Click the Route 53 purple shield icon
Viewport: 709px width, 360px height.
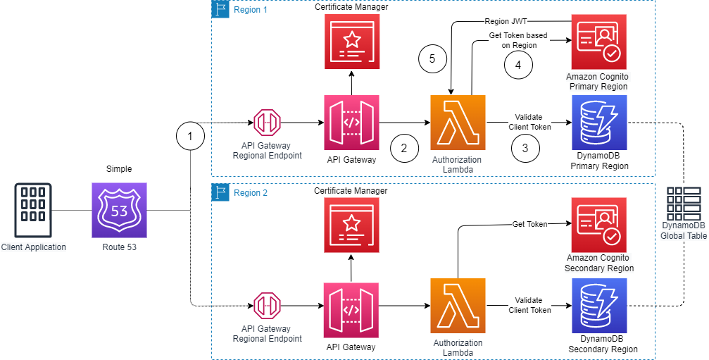pos(119,210)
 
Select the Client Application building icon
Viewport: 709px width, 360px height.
pos(33,210)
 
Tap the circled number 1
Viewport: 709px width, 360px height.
pos(190,137)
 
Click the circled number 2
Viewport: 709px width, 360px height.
pos(403,148)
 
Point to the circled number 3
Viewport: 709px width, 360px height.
pos(525,148)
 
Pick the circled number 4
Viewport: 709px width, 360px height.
pos(519,64)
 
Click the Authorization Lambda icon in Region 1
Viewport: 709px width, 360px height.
pos(458,123)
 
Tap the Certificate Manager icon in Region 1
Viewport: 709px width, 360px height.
pos(351,41)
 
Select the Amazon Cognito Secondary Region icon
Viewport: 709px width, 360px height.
pos(597,224)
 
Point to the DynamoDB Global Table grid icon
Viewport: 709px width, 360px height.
pos(683,204)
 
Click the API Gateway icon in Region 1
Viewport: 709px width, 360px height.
pos(351,123)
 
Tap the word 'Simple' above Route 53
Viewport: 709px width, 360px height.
pos(119,170)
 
